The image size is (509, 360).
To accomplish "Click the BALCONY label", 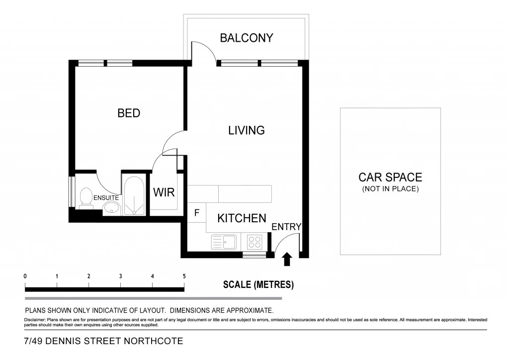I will tap(247, 38).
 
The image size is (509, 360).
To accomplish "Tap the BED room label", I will tap(129, 113).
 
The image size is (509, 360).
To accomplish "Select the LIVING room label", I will tap(247, 130).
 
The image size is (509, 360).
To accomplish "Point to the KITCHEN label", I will tap(242, 218).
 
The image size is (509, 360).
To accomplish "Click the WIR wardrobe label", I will tap(164, 192).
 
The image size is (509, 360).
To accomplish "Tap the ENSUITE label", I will tap(106, 198).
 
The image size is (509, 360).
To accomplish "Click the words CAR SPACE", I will tap(390, 177).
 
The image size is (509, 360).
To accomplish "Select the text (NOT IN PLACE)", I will tap(390, 189).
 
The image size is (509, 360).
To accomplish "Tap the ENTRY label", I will tap(286, 227).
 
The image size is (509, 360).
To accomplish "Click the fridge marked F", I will tap(197, 213).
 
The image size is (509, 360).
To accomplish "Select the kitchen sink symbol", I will tap(224, 242).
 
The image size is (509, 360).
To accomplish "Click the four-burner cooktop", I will tap(254, 242).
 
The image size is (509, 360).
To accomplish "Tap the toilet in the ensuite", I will tap(85, 197).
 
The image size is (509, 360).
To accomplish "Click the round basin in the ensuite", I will tap(112, 208).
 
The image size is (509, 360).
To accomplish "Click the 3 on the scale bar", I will tap(121, 276).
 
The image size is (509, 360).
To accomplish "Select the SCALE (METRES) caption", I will tap(258, 285).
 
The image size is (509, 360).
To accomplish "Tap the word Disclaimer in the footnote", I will tap(34, 320).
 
